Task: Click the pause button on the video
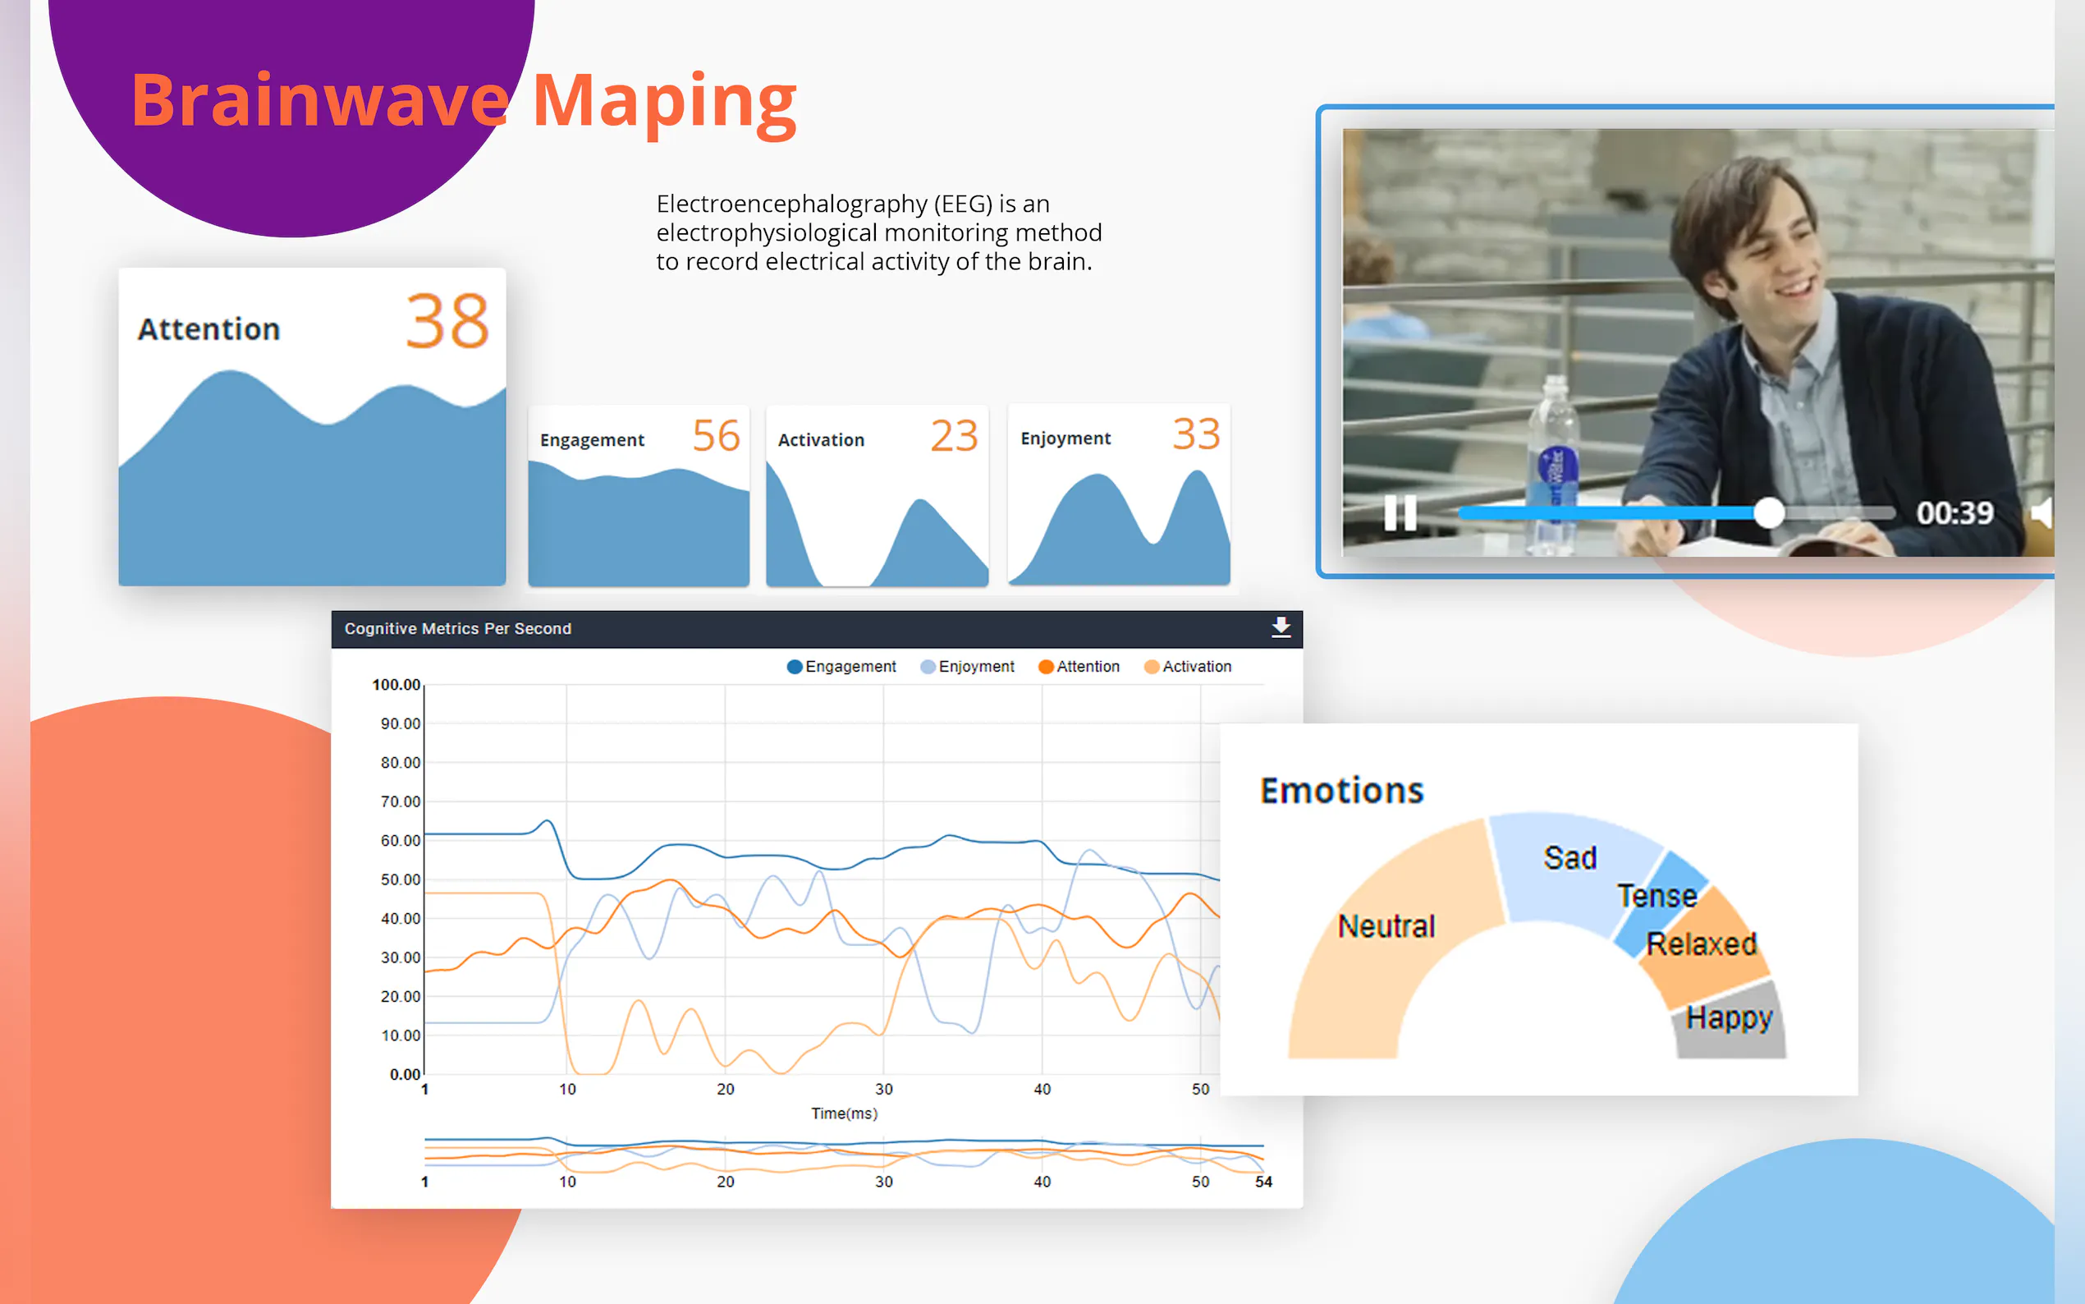click(1400, 513)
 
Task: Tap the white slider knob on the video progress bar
click(1769, 513)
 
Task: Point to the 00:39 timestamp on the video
click(1954, 513)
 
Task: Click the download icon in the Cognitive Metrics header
click(1281, 627)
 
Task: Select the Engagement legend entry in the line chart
click(841, 667)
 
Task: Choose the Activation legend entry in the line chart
click(1188, 667)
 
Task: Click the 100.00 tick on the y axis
click(396, 685)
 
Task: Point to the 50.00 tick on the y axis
click(400, 879)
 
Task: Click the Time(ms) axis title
click(844, 1113)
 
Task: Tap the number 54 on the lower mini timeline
click(1262, 1182)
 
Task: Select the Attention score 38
click(447, 322)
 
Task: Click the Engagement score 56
click(717, 435)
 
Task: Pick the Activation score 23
click(954, 435)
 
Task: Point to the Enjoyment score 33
click(1195, 434)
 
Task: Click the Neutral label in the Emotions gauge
click(1386, 926)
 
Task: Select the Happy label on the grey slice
click(1729, 1018)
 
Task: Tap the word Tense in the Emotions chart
click(1657, 896)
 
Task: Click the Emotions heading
click(1341, 790)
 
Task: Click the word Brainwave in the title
click(320, 101)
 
